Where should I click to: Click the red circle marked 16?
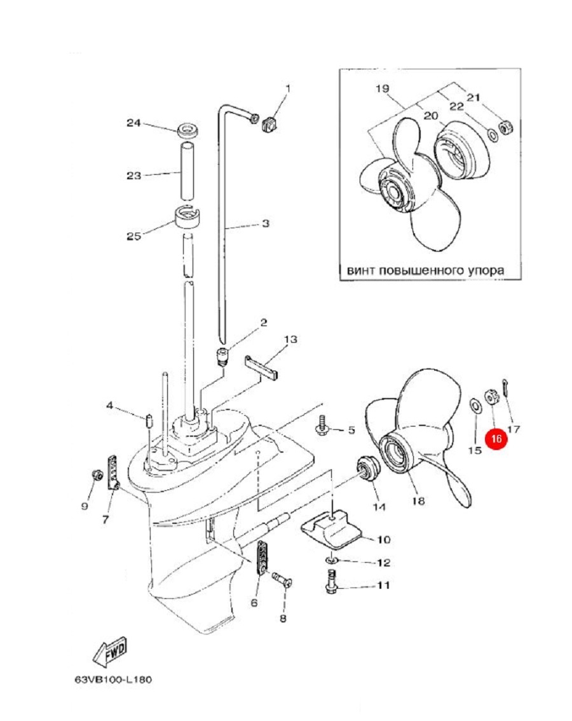[x=496, y=439]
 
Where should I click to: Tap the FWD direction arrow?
[x=111, y=652]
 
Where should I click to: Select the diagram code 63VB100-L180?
[x=112, y=680]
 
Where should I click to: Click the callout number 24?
[x=133, y=123]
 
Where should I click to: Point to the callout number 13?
[x=290, y=340]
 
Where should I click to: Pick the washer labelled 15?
[x=475, y=405]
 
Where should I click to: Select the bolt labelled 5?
[x=322, y=425]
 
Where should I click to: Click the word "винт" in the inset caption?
[x=360, y=270]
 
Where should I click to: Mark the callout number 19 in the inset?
[x=381, y=89]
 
